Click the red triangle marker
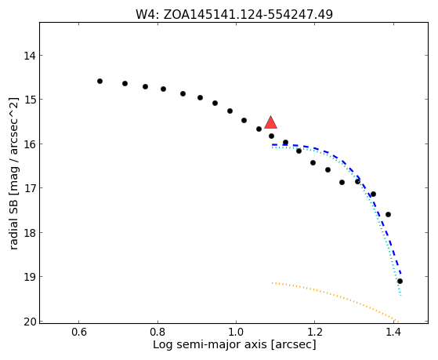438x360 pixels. (x=270, y=122)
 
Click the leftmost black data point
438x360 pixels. (x=100, y=81)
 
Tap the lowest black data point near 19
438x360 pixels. (x=400, y=281)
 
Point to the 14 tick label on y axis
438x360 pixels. (x=30, y=56)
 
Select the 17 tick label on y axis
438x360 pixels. (x=30, y=188)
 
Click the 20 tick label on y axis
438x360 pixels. (x=30, y=322)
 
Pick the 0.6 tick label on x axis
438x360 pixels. (x=79, y=332)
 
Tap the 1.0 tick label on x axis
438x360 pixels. (x=236, y=332)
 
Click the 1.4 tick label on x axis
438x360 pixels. (x=393, y=332)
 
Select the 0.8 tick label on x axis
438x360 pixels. (x=157, y=332)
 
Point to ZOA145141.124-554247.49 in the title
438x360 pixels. (x=248, y=14)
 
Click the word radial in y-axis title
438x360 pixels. (x=13, y=237)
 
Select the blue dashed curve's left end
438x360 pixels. (x=272, y=144)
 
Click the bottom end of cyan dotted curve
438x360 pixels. (x=401, y=295)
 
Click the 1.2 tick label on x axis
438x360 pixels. (x=314, y=332)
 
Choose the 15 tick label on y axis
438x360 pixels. (x=30, y=100)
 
